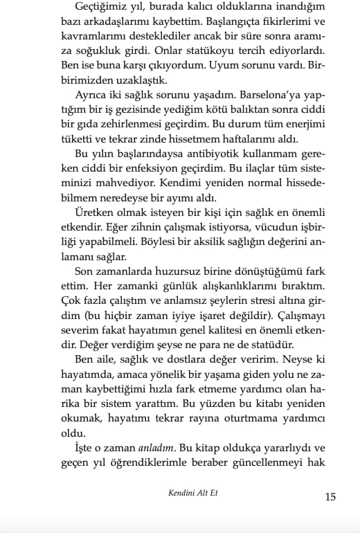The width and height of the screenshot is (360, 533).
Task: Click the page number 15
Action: pos(330,496)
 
